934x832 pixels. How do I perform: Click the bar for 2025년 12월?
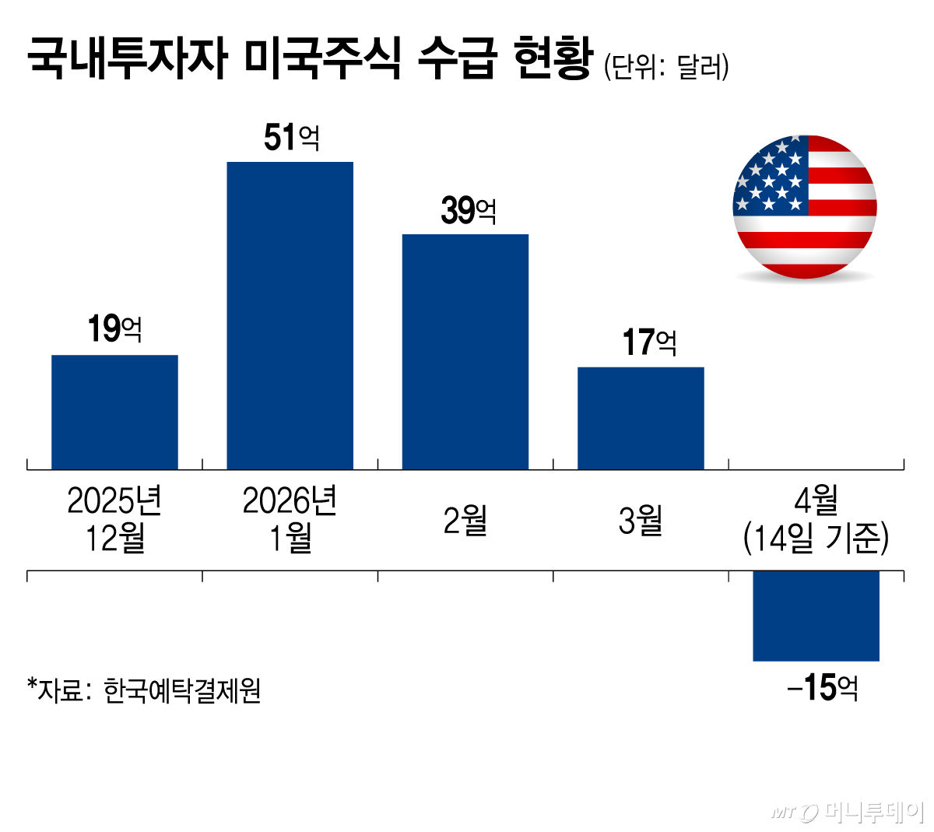click(x=114, y=412)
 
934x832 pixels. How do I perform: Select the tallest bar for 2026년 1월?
click(x=290, y=315)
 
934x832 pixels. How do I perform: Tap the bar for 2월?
click(x=465, y=351)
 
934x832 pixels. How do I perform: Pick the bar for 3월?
click(x=641, y=418)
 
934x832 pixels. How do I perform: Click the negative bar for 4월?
click(x=816, y=616)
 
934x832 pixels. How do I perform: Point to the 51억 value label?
click(x=291, y=139)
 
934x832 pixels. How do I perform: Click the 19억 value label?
click(x=114, y=329)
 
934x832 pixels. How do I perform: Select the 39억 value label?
click(x=468, y=210)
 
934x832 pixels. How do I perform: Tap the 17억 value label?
click(x=649, y=342)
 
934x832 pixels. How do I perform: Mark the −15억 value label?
click(x=823, y=688)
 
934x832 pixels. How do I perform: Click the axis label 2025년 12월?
click(x=114, y=519)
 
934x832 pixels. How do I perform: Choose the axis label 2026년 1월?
click(x=290, y=519)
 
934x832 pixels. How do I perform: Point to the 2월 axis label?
click(x=465, y=520)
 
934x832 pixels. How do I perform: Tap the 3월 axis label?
click(x=641, y=520)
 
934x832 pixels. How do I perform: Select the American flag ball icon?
click(x=805, y=207)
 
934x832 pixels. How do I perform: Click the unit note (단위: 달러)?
click(x=666, y=67)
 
